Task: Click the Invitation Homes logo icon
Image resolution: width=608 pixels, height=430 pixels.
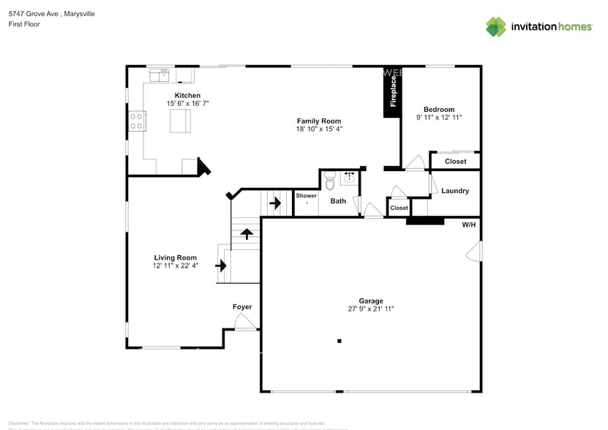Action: coord(496,27)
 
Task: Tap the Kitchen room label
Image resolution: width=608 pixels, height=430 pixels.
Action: coord(187,96)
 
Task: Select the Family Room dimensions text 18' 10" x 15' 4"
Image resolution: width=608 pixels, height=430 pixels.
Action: coord(318,129)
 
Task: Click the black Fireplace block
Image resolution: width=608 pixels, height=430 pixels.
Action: coord(392,93)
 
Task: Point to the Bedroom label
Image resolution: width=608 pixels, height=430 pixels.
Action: coord(439,110)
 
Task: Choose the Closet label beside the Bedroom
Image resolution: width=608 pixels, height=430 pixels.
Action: coord(455,162)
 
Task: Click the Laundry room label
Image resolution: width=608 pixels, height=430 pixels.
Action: coord(455,191)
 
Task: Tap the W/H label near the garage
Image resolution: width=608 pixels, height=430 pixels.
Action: coord(468,225)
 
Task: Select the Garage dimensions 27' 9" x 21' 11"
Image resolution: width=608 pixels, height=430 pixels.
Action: coord(371,309)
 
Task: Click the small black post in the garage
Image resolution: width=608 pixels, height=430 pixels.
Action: coord(339,341)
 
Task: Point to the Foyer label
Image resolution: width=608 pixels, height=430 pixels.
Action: coord(242,306)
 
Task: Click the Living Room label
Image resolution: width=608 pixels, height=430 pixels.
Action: coord(176,257)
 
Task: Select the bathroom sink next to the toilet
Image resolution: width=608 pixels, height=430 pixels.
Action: coord(349,177)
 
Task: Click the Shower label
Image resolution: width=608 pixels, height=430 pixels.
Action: coord(307,196)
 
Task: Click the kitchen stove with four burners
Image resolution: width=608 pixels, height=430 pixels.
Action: coord(137,121)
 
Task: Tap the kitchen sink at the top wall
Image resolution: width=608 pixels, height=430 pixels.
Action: coord(159,74)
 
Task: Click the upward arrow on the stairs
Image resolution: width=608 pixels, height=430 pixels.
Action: coord(247,234)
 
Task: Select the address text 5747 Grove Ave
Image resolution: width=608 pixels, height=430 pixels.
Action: coord(37,14)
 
